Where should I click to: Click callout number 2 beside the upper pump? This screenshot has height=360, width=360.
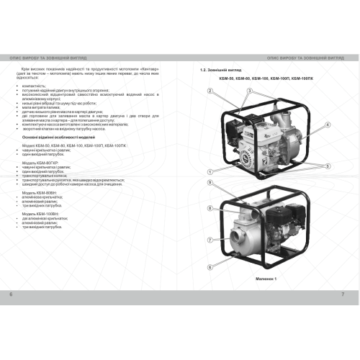point(210,91)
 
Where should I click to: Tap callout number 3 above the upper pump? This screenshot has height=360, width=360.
point(249,91)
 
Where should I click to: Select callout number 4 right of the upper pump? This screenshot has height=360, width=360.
point(328,125)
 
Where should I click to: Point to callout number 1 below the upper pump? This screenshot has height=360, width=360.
point(210,171)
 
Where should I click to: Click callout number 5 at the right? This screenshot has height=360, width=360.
point(328,166)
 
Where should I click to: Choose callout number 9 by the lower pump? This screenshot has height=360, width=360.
point(210,184)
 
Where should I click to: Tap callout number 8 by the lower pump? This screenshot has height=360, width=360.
point(210,208)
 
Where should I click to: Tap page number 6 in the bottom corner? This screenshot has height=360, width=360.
point(11,295)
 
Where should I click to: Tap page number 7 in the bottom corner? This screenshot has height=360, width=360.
point(343,295)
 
